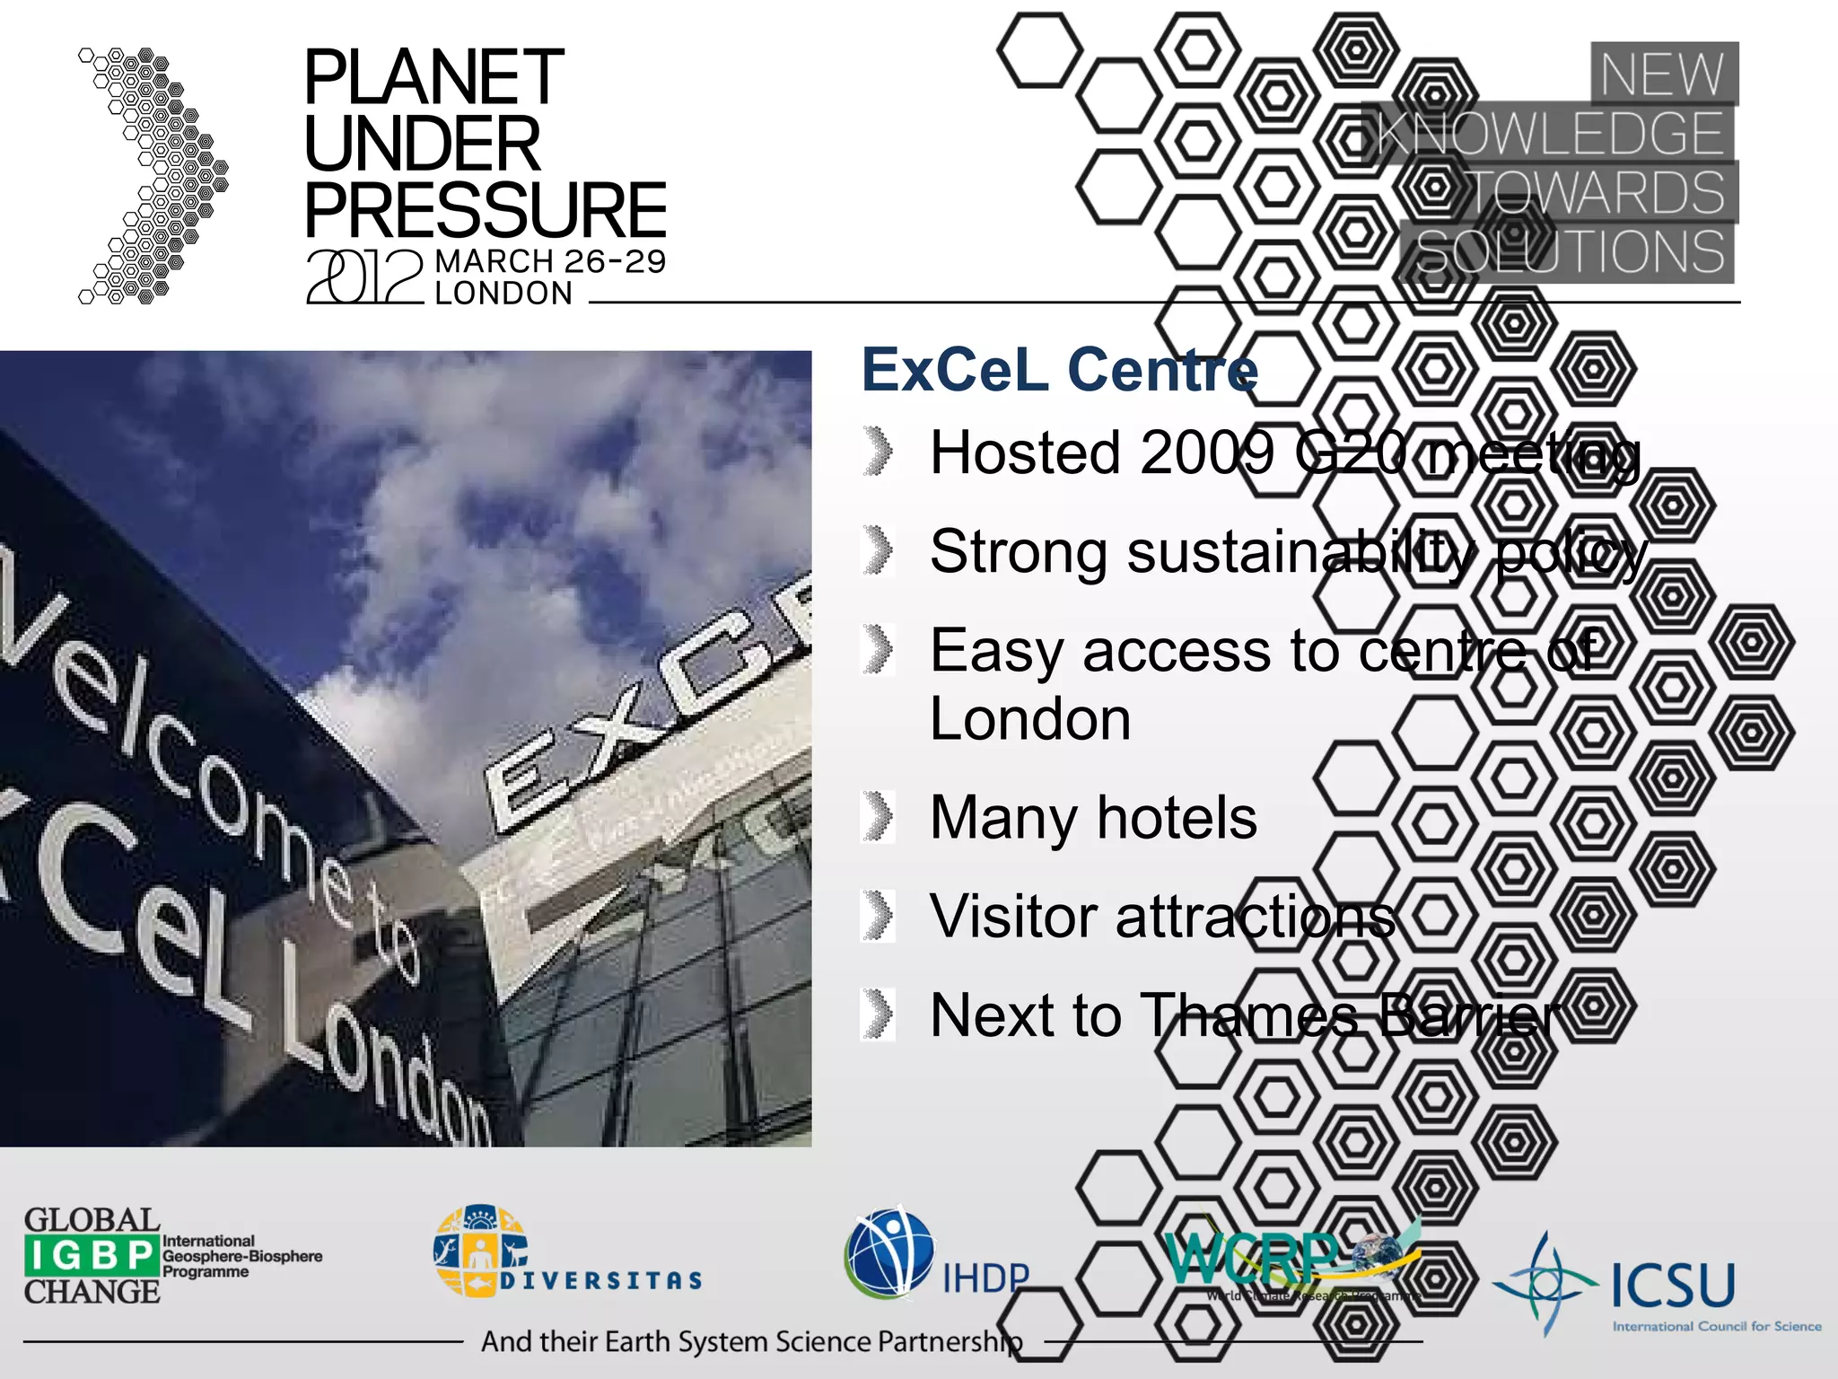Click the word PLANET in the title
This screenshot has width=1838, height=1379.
click(433, 78)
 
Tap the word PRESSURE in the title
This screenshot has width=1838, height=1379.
click(485, 210)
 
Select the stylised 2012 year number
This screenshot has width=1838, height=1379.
click(363, 277)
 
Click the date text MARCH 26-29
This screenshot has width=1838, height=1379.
click(550, 261)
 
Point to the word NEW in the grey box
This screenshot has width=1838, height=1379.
click(1662, 75)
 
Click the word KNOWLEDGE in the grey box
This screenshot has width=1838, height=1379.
click(1549, 134)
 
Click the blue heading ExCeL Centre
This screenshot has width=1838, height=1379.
click(1059, 370)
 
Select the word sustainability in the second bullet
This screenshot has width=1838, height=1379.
click(1300, 551)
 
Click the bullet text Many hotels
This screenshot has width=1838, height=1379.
click(1093, 818)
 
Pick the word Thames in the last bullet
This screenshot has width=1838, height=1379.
click(1249, 1015)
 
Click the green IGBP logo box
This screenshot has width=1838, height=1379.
click(92, 1255)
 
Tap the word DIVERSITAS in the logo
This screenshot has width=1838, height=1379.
click(601, 1280)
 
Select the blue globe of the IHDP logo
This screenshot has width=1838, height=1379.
click(889, 1252)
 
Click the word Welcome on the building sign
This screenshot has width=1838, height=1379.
click(179, 745)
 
